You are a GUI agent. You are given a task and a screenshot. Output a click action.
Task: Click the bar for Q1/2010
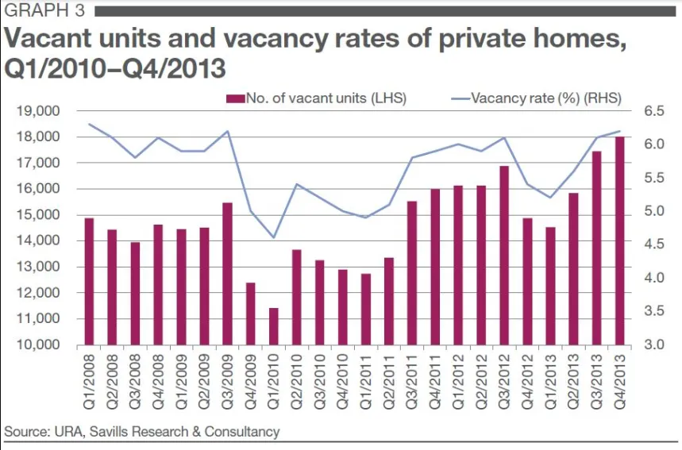(274, 326)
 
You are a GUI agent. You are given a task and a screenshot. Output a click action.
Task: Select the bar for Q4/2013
(619, 241)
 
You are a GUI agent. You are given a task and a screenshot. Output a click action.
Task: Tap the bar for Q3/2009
(228, 274)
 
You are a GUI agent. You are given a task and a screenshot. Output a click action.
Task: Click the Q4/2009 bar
(251, 313)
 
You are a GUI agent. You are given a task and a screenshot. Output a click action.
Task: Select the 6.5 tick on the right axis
(653, 111)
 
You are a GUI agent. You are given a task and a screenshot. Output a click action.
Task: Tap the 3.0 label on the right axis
(653, 345)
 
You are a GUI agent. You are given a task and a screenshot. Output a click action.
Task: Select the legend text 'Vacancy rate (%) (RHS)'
(545, 98)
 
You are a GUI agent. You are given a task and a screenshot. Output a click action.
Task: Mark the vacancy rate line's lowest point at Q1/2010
(274, 237)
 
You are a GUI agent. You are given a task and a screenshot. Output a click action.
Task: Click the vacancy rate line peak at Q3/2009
(228, 132)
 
